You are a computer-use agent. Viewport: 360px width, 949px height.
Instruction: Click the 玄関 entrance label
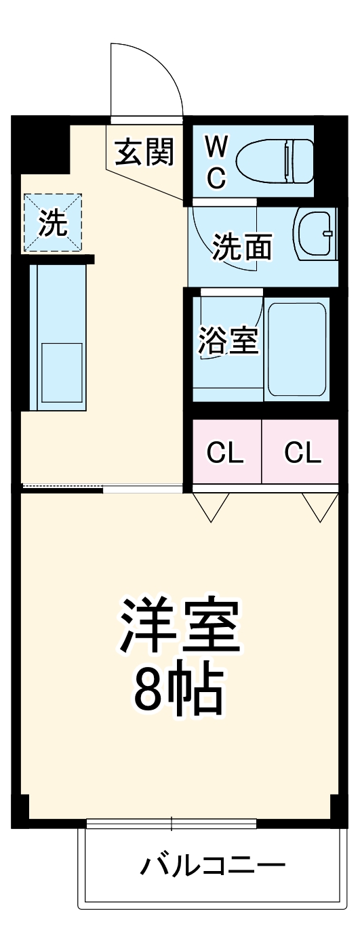point(144,153)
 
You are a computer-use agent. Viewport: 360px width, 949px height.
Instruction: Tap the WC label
point(216,161)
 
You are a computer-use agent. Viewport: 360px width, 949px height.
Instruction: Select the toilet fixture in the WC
point(276,161)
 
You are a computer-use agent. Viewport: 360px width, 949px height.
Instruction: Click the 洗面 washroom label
point(242,247)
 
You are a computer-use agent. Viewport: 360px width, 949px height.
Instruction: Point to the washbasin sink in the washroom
point(316,234)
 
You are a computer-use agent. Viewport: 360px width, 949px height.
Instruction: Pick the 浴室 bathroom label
point(228,341)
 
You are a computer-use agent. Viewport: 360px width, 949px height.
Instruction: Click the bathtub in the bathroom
point(298,349)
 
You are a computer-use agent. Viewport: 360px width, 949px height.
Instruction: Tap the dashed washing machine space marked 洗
point(53,223)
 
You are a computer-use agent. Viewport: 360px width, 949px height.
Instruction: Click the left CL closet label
point(225,452)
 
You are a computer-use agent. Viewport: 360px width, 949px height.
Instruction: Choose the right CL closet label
point(302,452)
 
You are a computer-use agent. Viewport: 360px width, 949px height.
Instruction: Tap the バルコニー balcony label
point(213,866)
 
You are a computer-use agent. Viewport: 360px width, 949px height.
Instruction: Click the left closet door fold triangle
point(211,506)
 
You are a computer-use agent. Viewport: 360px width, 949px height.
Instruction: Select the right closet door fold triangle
point(320,506)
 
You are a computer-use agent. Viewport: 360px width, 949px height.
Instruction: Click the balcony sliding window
point(171,824)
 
